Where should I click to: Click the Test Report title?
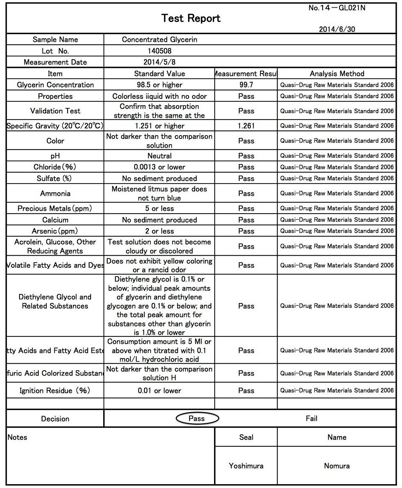pyautogui.click(x=191, y=18)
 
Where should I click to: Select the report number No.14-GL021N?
pyautogui.click(x=336, y=8)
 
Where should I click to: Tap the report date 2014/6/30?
pyautogui.click(x=337, y=29)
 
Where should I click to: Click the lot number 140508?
pyautogui.click(x=159, y=51)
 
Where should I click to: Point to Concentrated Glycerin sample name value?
pyautogui.click(x=159, y=40)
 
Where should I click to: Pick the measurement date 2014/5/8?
pyautogui.click(x=159, y=62)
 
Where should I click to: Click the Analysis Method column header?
pyautogui.click(x=337, y=73)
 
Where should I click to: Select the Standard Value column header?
pyautogui.click(x=159, y=73)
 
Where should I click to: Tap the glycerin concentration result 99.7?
pyautogui.click(x=246, y=85)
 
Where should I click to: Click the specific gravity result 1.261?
pyautogui.click(x=246, y=126)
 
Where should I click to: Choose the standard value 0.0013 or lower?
pyautogui.click(x=159, y=167)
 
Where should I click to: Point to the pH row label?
pyautogui.click(x=55, y=156)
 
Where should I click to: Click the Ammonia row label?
pyautogui.click(x=55, y=193)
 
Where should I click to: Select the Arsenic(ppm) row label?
pyautogui.click(x=55, y=231)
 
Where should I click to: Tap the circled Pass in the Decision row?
pyautogui.click(x=197, y=419)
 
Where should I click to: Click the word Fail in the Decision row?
pyautogui.click(x=311, y=419)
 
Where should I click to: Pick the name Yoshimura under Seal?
pyautogui.click(x=246, y=466)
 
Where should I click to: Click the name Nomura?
pyautogui.click(x=337, y=466)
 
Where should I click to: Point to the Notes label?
pyautogui.click(x=17, y=437)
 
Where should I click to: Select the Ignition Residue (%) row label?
pyautogui.click(x=55, y=391)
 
